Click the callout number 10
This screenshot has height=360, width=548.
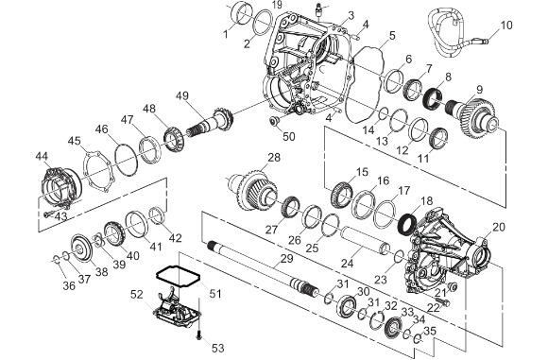(x=506, y=26)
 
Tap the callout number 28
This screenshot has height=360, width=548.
(x=274, y=157)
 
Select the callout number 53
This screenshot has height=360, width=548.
(x=217, y=348)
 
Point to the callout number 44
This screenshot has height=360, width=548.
(x=42, y=156)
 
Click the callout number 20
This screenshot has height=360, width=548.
(x=499, y=227)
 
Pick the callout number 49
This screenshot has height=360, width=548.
(x=182, y=95)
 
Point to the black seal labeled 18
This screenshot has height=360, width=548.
(x=407, y=224)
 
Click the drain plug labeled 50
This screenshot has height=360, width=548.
(x=274, y=120)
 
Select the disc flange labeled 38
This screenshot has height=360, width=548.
(x=81, y=249)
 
